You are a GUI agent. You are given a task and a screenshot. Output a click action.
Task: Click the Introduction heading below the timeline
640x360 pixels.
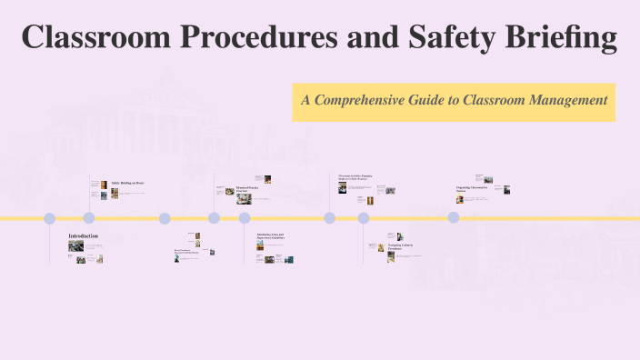84,236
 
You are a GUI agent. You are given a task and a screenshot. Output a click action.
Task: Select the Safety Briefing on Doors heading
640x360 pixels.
127,184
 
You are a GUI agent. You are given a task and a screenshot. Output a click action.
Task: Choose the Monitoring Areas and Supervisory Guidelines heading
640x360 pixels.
271,237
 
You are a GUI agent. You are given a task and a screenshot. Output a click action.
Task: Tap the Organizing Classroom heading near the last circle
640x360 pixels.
472,188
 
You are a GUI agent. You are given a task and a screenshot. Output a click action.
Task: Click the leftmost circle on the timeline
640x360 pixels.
50,218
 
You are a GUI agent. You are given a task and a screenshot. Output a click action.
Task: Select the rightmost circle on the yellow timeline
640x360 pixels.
453,218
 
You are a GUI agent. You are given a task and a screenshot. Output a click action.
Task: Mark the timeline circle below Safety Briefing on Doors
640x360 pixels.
89,218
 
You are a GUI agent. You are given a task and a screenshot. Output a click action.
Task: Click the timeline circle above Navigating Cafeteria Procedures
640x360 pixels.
364,218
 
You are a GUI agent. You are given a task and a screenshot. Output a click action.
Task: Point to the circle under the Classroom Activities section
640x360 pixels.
330,218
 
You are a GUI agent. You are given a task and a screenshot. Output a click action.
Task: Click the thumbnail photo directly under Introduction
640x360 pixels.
75,246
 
